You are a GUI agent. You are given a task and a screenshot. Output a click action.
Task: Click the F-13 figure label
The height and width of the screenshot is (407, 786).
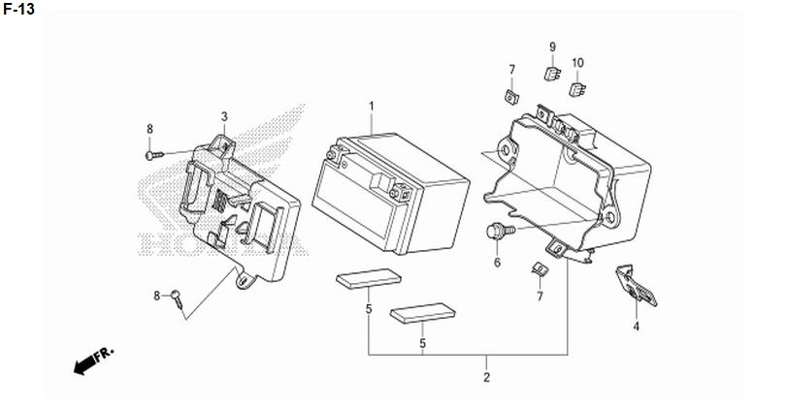point(19,9)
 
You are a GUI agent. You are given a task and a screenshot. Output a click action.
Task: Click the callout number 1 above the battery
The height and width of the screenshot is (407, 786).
point(372,107)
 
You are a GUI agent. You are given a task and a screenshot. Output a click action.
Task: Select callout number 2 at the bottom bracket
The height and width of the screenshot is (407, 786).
point(486,378)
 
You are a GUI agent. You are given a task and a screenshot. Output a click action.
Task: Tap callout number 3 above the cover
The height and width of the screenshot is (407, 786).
point(224,116)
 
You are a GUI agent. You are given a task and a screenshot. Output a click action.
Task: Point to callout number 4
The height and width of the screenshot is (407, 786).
point(637,327)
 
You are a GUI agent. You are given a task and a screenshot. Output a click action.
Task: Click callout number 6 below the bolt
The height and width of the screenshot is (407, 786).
point(497,263)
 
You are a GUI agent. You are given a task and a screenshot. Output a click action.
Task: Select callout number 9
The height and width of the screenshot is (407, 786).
point(552,47)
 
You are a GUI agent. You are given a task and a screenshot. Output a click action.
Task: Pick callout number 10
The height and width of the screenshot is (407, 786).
point(577,63)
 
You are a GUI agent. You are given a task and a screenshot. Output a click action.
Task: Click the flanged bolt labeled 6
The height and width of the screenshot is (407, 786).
point(501,231)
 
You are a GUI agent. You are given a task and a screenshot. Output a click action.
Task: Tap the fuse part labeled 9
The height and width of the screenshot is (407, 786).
point(552,74)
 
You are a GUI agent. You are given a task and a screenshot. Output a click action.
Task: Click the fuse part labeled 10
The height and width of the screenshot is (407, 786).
point(577,89)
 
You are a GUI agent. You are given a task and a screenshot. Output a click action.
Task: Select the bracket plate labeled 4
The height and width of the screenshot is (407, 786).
point(637,286)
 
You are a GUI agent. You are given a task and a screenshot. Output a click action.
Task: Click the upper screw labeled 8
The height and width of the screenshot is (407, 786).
point(154,155)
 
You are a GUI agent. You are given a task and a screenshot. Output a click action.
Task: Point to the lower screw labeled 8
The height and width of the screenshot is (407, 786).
point(178,298)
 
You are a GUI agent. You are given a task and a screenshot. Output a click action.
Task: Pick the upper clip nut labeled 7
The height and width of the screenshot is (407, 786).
point(511,97)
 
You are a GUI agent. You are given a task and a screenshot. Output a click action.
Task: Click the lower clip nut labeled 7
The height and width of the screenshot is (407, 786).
point(539,268)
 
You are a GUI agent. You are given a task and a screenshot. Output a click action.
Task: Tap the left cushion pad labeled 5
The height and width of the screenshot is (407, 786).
point(369,279)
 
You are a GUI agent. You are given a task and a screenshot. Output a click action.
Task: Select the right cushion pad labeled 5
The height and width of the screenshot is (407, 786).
point(422,313)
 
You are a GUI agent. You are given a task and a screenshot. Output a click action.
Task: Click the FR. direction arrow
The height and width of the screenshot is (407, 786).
point(94,360)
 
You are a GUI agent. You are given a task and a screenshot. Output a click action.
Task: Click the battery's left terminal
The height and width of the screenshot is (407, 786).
point(332,153)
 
